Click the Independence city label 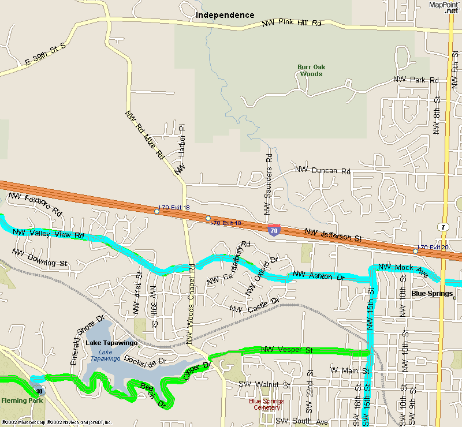point(225,15)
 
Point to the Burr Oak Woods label point(311,70)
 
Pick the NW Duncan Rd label point(323,170)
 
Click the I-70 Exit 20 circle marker point(415,251)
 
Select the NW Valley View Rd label point(49,234)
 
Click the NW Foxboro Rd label point(35,205)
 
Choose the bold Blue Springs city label point(431,294)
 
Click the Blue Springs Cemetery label point(266,404)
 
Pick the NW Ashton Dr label point(319,276)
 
